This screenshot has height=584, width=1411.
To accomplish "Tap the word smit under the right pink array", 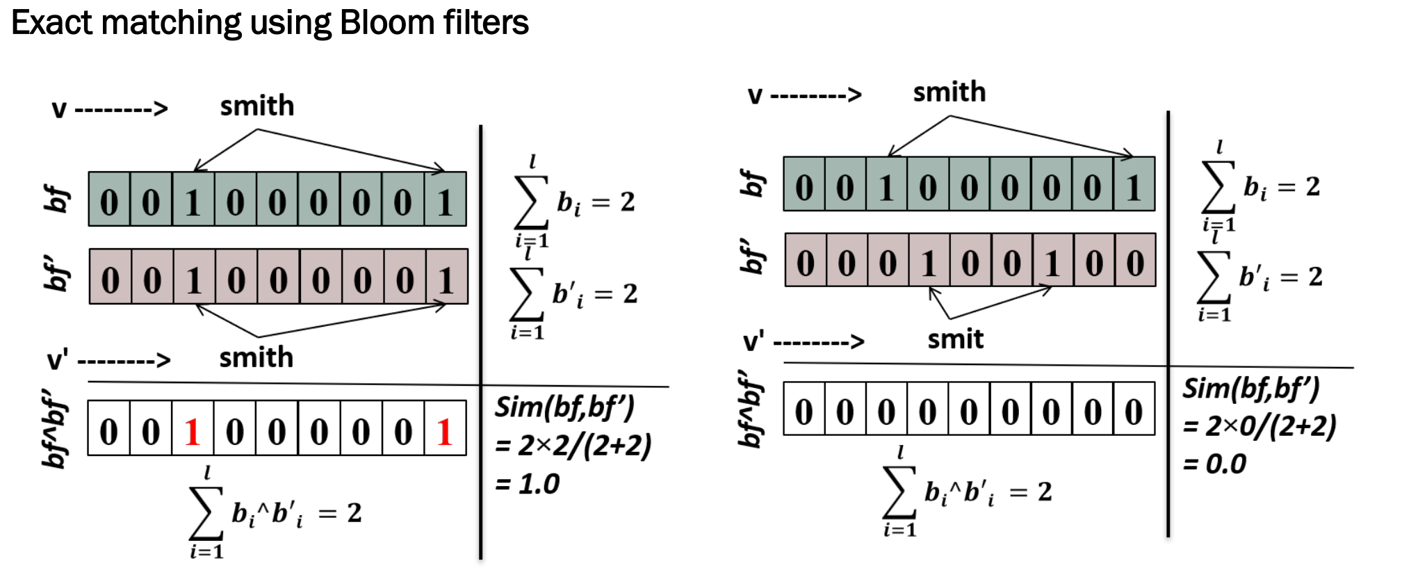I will click(x=955, y=339).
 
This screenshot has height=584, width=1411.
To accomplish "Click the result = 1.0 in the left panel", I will click(x=528, y=484).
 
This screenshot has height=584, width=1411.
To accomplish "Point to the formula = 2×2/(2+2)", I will click(x=573, y=446).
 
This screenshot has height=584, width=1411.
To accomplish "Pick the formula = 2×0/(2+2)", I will click(x=1259, y=426).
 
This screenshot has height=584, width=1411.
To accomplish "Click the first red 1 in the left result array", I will click(x=193, y=432).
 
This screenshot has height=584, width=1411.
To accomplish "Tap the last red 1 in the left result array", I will click(x=445, y=432).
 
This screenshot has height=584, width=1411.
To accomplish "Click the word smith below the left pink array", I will click(x=256, y=357).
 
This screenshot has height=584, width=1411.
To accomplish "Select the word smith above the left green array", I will click(x=257, y=106).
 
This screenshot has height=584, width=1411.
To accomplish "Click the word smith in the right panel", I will click(x=949, y=92).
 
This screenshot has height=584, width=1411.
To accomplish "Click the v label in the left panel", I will click(x=59, y=109).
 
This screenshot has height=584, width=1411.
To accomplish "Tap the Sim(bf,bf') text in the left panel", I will click(x=564, y=407).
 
